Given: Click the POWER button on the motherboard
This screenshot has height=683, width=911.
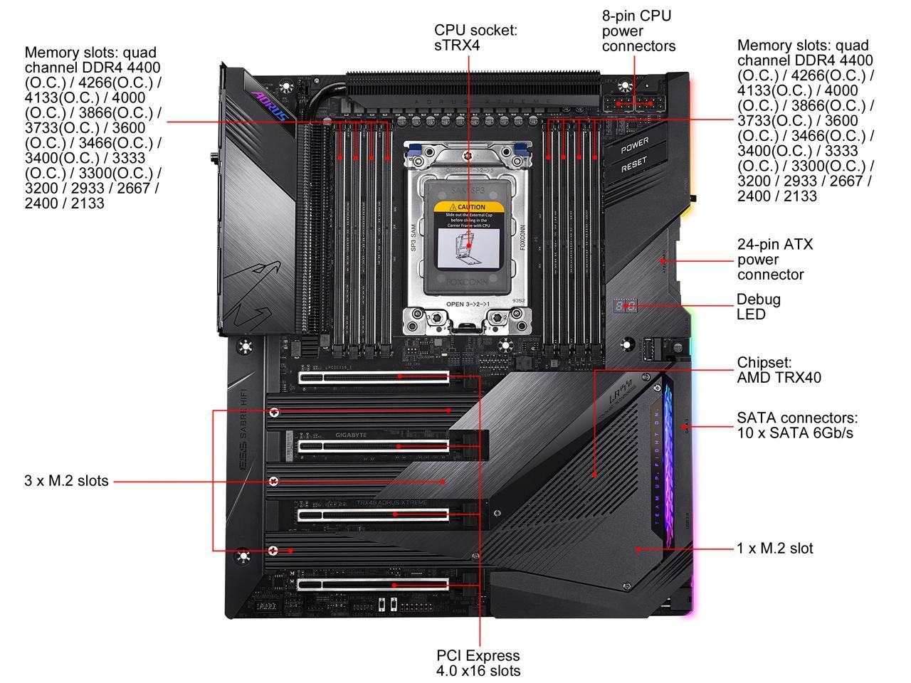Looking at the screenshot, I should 634,146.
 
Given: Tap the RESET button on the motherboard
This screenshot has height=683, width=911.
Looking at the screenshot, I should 634,167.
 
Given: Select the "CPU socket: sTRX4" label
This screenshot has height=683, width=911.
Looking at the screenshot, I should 475,38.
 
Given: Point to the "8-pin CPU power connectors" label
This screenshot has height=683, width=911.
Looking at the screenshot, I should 638,31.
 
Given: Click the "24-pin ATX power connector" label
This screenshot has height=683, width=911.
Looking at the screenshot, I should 775,259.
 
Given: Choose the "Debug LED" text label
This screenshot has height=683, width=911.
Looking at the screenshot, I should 758,307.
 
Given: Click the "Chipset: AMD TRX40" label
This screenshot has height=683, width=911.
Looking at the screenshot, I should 779,370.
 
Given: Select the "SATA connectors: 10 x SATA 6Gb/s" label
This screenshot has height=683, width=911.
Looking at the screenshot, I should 797,425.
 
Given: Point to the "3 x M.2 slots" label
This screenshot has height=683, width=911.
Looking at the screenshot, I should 66,481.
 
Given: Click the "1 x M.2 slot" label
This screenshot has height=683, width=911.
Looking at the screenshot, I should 774,549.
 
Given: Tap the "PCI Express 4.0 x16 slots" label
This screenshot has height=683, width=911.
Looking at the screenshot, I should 478,663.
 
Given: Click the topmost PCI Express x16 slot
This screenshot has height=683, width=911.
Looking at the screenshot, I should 374,377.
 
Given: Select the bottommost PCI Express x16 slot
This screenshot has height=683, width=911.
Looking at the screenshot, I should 374,584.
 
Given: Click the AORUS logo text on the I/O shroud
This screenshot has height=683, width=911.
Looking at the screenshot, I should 270,104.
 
